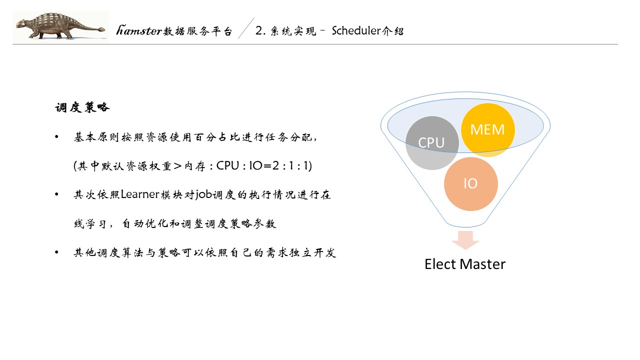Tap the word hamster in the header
tap(139, 31)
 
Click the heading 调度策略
tap(82, 107)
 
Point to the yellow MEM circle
tap(487, 130)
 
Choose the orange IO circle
tap(470, 183)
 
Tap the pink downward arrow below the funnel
tap(465, 240)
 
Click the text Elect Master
tap(465, 264)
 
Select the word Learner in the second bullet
tap(140, 195)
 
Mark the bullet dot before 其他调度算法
tap(57, 253)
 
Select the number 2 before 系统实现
tap(258, 31)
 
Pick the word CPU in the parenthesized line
tap(228, 166)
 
